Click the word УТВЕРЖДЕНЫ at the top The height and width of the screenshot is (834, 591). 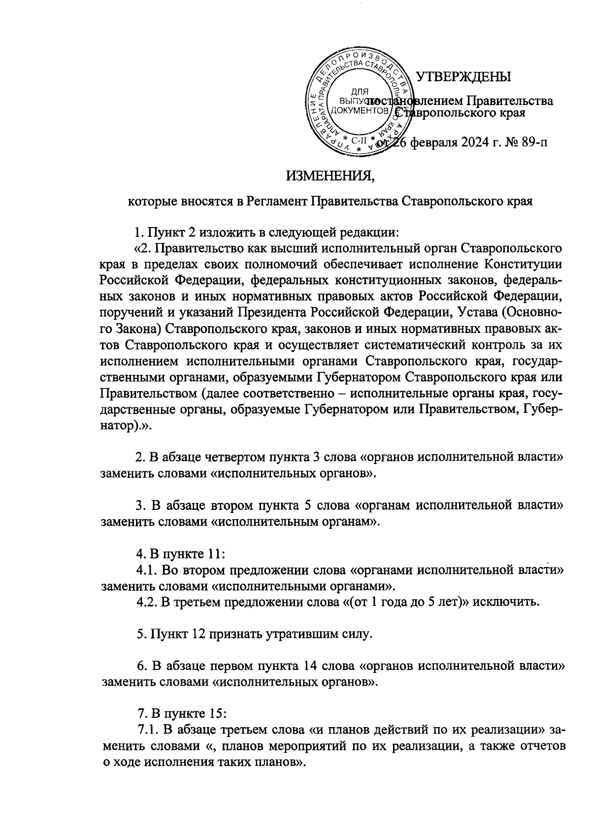[464, 77]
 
